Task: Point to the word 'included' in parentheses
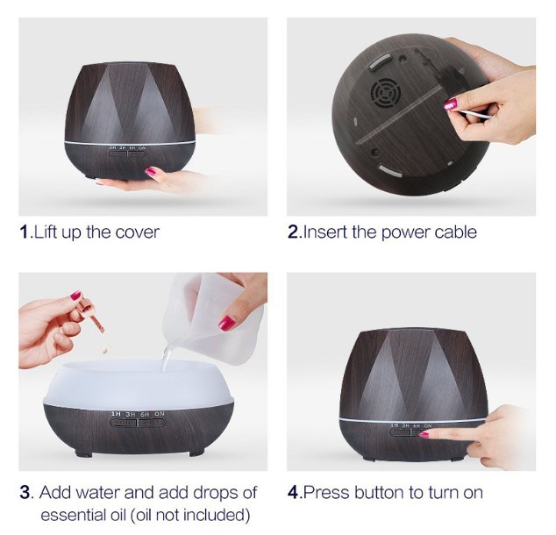tap(216, 514)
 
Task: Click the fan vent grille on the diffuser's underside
tap(384, 95)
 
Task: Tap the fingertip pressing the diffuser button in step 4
tap(425, 434)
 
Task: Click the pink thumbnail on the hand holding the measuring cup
tap(226, 323)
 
